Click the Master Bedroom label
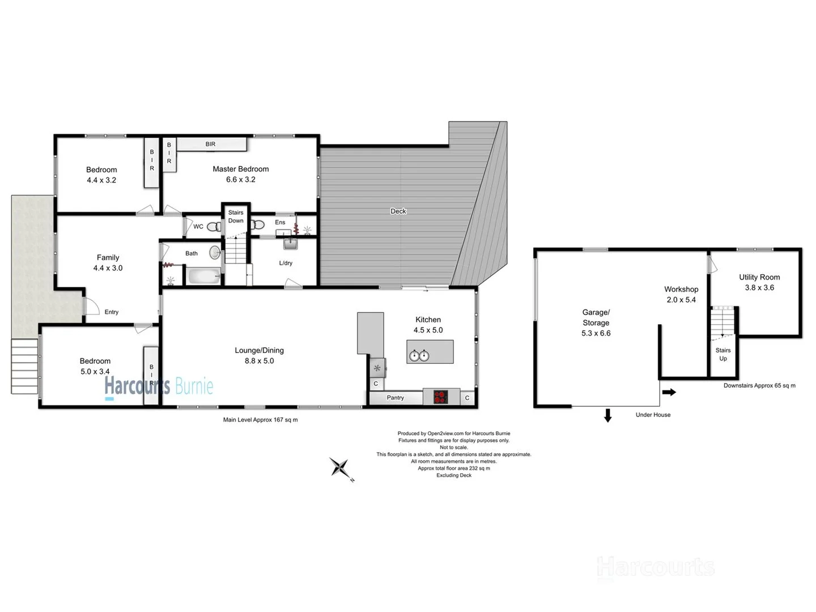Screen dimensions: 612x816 click(x=240, y=169)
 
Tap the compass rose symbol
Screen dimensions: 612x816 click(x=341, y=468)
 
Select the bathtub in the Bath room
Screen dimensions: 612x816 click(x=203, y=277)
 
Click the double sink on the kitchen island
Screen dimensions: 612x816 click(x=419, y=355)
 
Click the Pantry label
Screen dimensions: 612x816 click(x=395, y=398)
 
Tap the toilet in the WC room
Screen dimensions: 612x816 click(x=214, y=227)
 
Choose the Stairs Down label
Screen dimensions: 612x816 click(x=236, y=216)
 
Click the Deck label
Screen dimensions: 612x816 click(x=398, y=211)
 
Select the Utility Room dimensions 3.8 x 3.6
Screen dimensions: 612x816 click(x=759, y=287)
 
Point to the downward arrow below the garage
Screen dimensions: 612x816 click(x=607, y=416)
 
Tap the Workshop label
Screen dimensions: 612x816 click(x=681, y=289)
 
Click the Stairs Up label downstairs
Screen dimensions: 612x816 click(x=722, y=354)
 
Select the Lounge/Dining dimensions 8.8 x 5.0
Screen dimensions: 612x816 click(x=259, y=361)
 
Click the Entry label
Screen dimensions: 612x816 click(x=111, y=312)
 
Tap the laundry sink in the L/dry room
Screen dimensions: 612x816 click(x=290, y=244)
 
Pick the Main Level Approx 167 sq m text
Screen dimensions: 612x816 click(x=260, y=420)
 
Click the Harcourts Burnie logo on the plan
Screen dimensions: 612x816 click(x=158, y=387)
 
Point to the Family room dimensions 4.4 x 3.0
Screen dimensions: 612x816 click(x=108, y=268)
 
